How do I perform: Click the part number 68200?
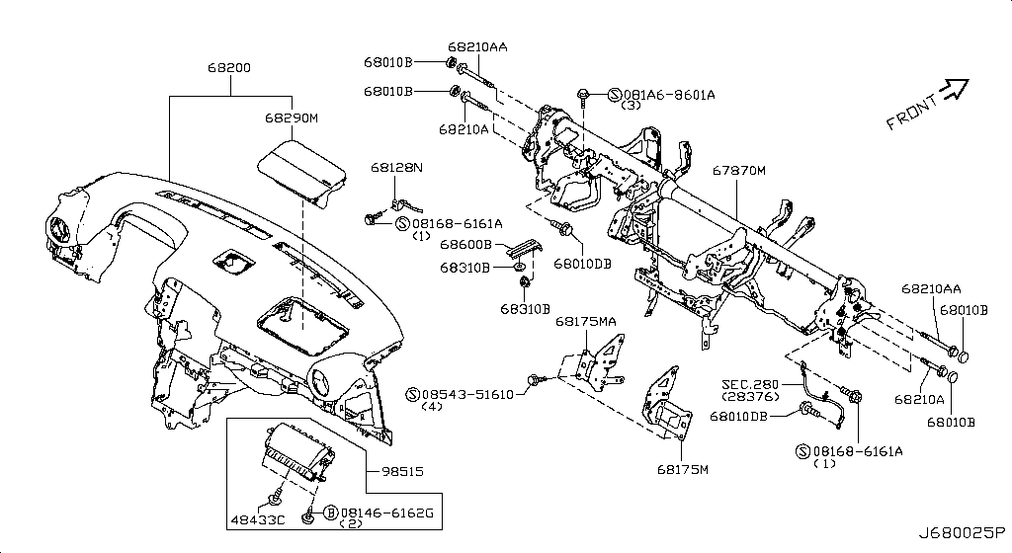[x=228, y=69]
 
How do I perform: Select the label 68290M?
[x=291, y=118]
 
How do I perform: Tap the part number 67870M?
[x=739, y=171]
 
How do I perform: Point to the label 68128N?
[x=396, y=169]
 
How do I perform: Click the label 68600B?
[x=465, y=244]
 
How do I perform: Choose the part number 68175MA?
[x=585, y=322]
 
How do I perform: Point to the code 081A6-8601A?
[x=668, y=94]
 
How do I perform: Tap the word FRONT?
[x=910, y=113]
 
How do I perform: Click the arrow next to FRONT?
[x=954, y=90]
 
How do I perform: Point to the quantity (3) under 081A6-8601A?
[x=631, y=105]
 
